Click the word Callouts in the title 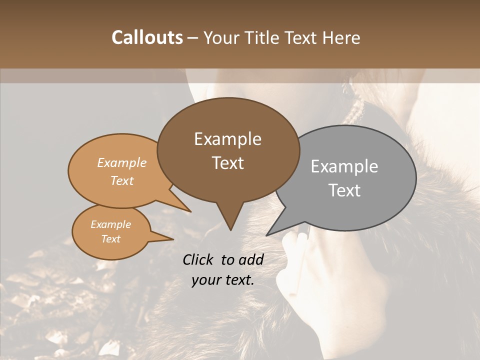tap(147, 37)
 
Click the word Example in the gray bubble tap(344, 166)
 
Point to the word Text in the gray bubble tap(344, 190)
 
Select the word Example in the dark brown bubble tap(227, 139)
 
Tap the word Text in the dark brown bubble tap(227, 163)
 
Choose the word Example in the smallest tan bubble tap(110, 224)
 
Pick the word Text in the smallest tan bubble tap(110, 239)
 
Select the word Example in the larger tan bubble tap(122, 162)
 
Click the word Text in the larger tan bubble tap(122, 180)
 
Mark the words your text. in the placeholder tap(223, 280)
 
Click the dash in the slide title tap(193, 38)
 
